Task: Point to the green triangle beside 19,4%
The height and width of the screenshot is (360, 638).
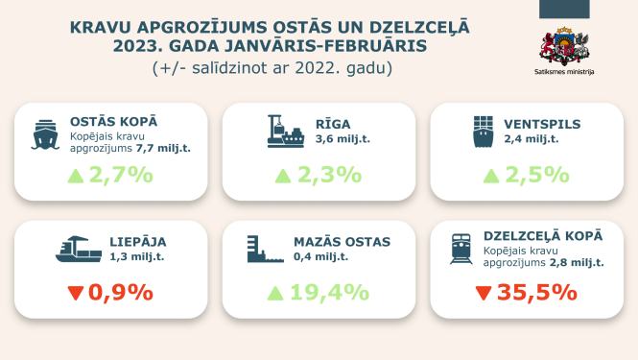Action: pyautogui.click(x=275, y=292)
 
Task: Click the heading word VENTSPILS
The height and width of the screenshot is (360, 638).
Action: pyautogui.click(x=541, y=124)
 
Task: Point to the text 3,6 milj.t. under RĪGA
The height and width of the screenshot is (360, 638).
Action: pyautogui.click(x=343, y=139)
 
